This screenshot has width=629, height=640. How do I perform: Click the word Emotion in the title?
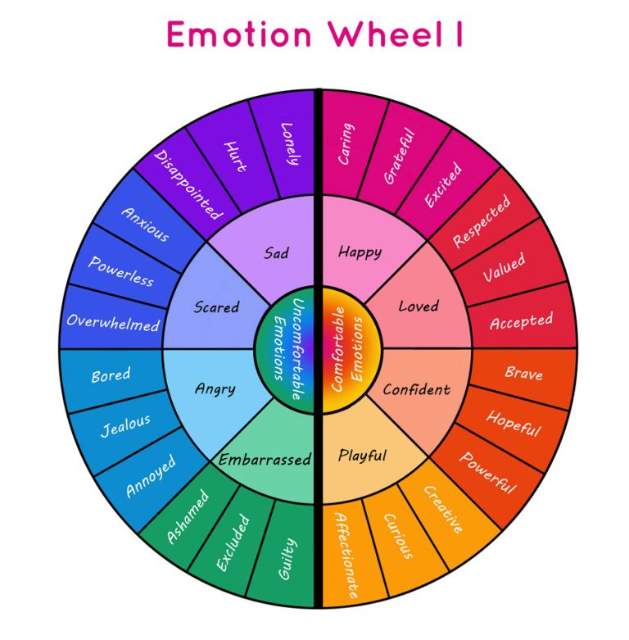[238, 34]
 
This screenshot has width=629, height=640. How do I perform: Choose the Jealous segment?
[125, 426]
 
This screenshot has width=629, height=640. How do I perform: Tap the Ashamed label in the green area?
[187, 516]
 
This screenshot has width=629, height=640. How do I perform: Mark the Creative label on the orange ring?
[443, 509]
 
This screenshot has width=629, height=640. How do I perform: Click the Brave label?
[523, 374]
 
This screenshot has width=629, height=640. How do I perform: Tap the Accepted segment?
[521, 321]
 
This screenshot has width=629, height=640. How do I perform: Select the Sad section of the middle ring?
[276, 252]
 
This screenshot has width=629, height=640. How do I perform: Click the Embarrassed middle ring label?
[265, 460]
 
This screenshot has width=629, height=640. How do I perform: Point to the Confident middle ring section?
[416, 389]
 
